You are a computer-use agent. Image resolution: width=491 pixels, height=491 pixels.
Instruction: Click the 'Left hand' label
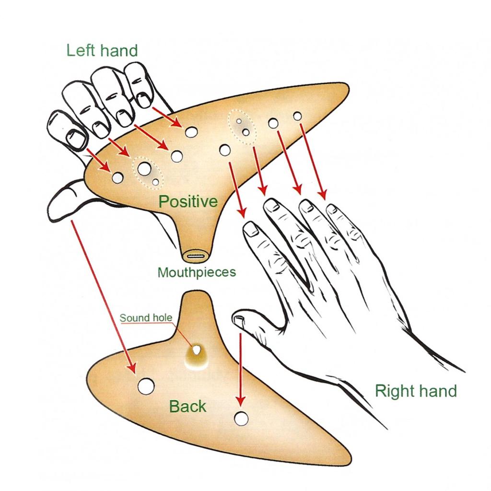[102, 50]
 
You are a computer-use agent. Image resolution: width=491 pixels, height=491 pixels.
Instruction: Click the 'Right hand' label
[416, 391]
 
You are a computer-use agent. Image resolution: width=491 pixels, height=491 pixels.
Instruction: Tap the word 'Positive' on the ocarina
[188, 201]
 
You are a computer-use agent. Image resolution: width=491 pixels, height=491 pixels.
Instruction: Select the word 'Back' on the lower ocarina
[187, 407]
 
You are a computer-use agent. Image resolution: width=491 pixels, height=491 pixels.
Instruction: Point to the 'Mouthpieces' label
[197, 273]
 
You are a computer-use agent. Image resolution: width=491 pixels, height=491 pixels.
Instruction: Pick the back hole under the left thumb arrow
[146, 386]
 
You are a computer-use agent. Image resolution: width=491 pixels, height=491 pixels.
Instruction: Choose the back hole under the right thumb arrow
[241, 418]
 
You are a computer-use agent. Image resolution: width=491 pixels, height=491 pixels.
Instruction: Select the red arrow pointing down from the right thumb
[240, 369]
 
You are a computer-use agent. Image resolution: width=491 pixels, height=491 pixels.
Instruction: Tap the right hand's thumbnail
[238, 318]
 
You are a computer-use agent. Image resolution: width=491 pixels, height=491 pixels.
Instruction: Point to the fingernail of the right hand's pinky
[332, 209]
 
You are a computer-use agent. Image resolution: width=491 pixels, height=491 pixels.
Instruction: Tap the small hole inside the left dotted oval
[156, 182]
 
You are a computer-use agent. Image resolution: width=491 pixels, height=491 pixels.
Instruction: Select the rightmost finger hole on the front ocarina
[297, 116]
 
